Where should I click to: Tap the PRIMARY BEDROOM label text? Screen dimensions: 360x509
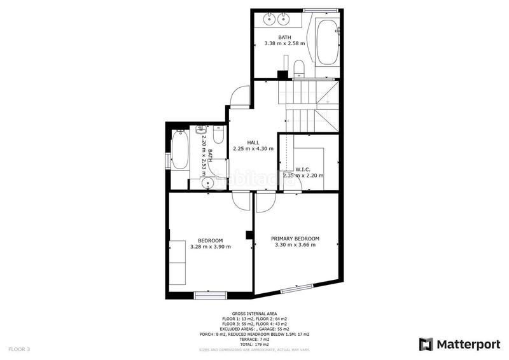pos(295,239)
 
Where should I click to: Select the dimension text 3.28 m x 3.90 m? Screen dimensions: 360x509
pos(210,246)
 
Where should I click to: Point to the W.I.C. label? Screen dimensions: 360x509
pos(302,169)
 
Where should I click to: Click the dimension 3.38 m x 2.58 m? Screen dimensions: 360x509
pos(284,45)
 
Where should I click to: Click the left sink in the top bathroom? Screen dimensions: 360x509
pos(268,19)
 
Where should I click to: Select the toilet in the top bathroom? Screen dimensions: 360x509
pos(300,69)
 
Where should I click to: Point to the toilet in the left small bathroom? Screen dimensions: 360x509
pos(218,135)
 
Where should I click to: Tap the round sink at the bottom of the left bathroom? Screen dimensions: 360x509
pos(207,183)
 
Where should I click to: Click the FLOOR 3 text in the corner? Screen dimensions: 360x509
pos(18,349)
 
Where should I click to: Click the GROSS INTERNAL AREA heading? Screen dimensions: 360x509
pos(254,314)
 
